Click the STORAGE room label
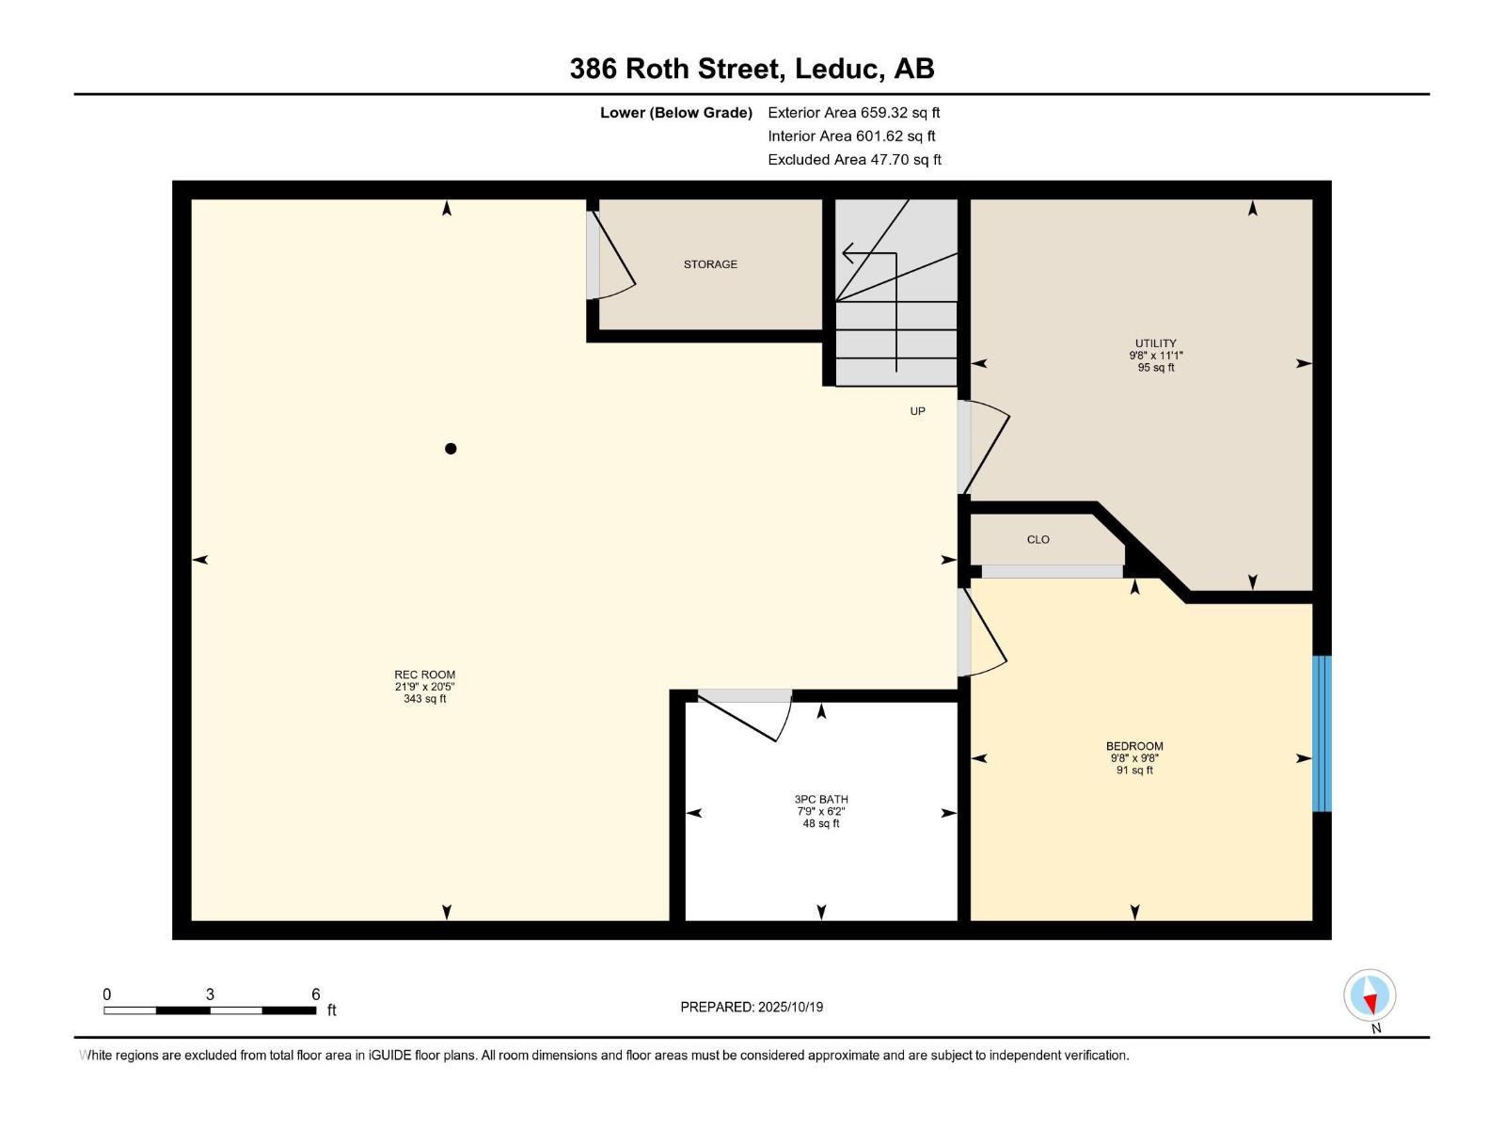710,264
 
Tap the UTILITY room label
1155,343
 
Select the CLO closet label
1038,539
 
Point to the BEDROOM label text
1134,746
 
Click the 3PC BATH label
821,800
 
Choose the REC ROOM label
424,675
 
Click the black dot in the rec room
451,449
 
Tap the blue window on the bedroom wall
1322,734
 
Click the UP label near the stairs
917,411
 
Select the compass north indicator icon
1370,995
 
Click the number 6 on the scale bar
316,994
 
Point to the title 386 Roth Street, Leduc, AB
752,69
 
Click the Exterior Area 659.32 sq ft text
854,112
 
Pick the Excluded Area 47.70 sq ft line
854,160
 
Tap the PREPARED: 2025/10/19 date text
752,1007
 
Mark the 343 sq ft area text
424,699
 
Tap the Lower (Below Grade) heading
676,113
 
